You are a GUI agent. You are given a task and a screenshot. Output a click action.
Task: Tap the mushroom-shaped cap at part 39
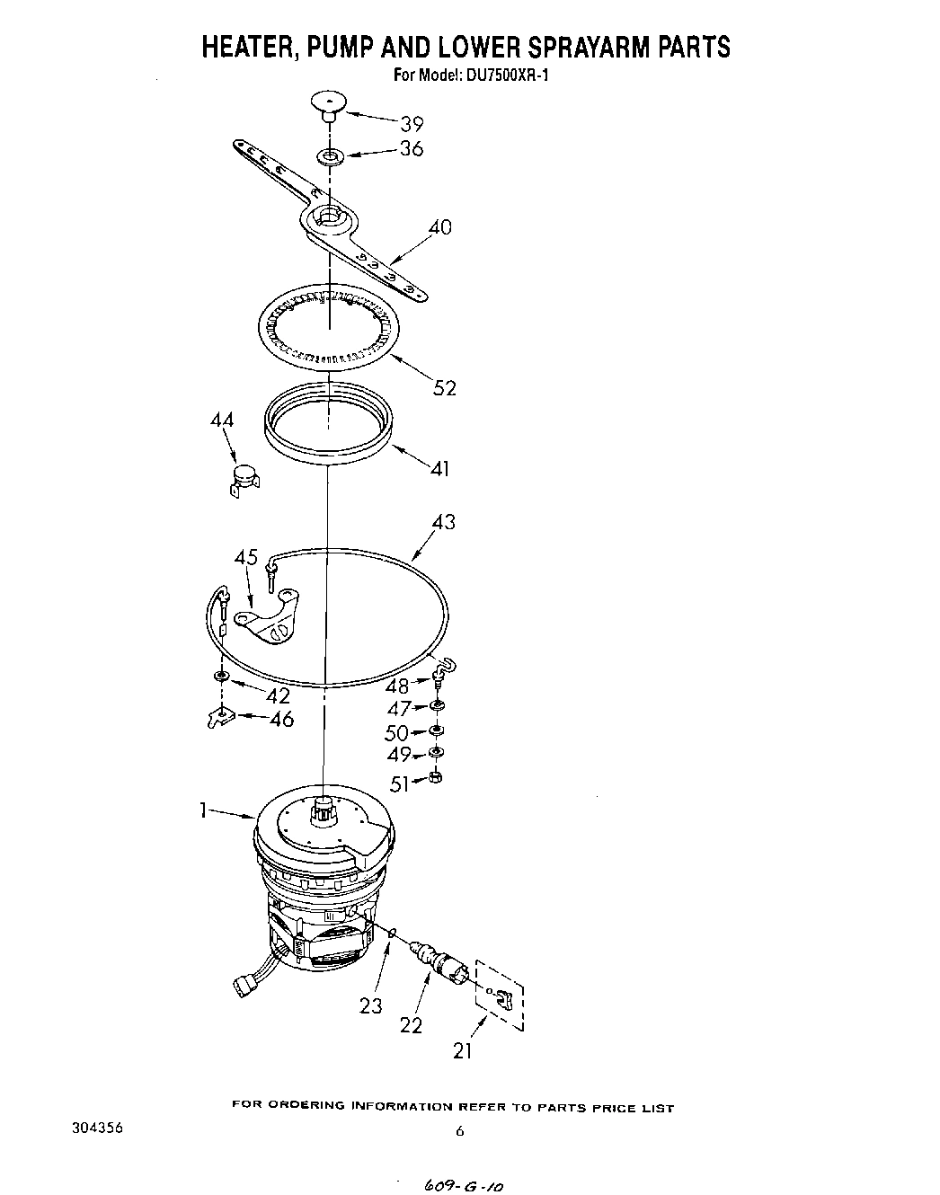tap(328, 102)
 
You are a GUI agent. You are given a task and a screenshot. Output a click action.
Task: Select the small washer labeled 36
tap(330, 158)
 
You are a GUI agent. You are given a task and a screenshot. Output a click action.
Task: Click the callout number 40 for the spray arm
tap(439, 227)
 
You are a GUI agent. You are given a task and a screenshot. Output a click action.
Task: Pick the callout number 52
tap(444, 387)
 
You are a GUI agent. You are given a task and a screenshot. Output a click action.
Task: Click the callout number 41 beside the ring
tap(439, 468)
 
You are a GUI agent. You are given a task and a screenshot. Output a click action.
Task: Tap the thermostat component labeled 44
tap(244, 478)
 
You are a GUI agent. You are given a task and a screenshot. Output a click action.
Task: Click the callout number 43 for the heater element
tap(443, 522)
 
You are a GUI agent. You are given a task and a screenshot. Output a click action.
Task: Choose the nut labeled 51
tap(436, 777)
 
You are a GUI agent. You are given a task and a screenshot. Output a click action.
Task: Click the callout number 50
tap(396, 732)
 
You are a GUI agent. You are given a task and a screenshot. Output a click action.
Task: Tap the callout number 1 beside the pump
tap(204, 810)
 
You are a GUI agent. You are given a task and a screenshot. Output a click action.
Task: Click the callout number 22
tap(411, 1023)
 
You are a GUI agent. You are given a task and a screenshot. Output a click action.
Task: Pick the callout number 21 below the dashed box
tap(462, 1049)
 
